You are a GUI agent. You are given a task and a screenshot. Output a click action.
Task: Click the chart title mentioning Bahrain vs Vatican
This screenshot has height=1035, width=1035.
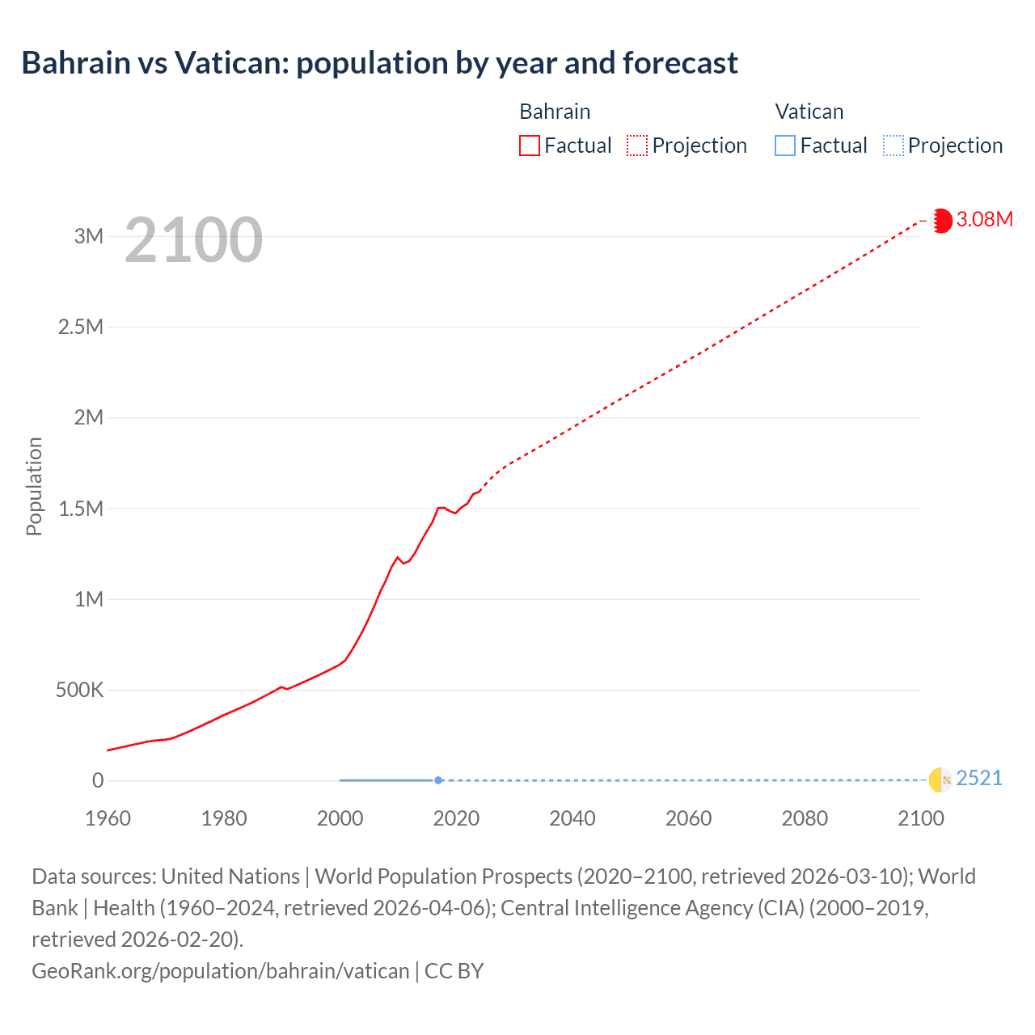pyautogui.click(x=379, y=63)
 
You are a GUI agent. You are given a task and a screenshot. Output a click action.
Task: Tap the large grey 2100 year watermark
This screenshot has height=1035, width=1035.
pyautogui.click(x=193, y=240)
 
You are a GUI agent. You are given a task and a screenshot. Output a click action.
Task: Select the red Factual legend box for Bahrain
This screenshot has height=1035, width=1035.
pyautogui.click(x=529, y=146)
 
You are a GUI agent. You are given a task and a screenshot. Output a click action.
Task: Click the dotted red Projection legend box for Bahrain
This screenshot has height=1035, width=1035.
pyautogui.click(x=637, y=146)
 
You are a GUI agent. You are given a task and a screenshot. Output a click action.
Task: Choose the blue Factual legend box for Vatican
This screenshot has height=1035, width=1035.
pyautogui.click(x=784, y=146)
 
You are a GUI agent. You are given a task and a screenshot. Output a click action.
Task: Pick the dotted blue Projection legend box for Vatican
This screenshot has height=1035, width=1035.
pyautogui.click(x=893, y=146)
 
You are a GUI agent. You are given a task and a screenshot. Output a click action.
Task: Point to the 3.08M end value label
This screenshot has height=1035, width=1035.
pyautogui.click(x=984, y=219)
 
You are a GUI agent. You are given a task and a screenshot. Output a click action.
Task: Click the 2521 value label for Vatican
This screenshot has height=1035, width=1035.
pyautogui.click(x=978, y=778)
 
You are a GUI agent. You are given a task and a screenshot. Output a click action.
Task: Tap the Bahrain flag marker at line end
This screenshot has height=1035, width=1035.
pyautogui.click(x=941, y=220)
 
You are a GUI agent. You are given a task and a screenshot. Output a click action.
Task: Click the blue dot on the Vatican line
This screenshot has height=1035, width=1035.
pyautogui.click(x=438, y=780)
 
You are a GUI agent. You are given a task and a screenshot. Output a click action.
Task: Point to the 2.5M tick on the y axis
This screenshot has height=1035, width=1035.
pyautogui.click(x=81, y=327)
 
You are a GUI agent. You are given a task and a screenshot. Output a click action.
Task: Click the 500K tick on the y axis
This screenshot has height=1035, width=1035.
pyautogui.click(x=79, y=690)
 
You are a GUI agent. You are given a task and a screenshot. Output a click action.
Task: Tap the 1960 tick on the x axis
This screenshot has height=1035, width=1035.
pyautogui.click(x=108, y=818)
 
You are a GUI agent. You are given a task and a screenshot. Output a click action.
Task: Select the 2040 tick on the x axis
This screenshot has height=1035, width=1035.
pyautogui.click(x=572, y=818)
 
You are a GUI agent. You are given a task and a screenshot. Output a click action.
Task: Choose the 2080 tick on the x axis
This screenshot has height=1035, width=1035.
pyautogui.click(x=805, y=818)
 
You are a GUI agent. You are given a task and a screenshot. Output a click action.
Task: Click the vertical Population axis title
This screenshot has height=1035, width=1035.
pyautogui.click(x=34, y=486)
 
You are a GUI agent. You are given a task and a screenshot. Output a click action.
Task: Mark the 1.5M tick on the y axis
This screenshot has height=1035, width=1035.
pyautogui.click(x=81, y=509)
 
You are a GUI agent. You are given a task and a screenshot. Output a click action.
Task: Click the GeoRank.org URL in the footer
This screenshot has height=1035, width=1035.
pyautogui.click(x=220, y=970)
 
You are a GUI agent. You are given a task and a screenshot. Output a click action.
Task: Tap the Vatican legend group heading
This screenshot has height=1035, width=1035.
pyautogui.click(x=809, y=112)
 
